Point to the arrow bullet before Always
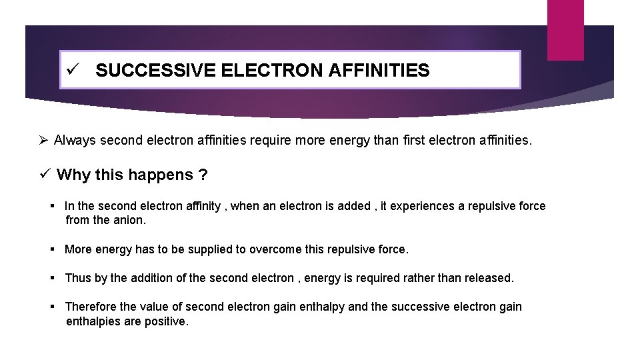[x=43, y=141]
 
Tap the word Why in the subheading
[x=74, y=175]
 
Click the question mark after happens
[x=203, y=175]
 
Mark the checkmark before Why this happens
[x=45, y=175]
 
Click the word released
[x=491, y=278]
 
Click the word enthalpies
[x=93, y=321]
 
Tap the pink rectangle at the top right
[x=566, y=30]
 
